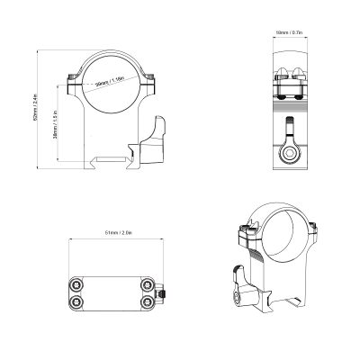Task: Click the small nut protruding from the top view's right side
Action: click(163, 294)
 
